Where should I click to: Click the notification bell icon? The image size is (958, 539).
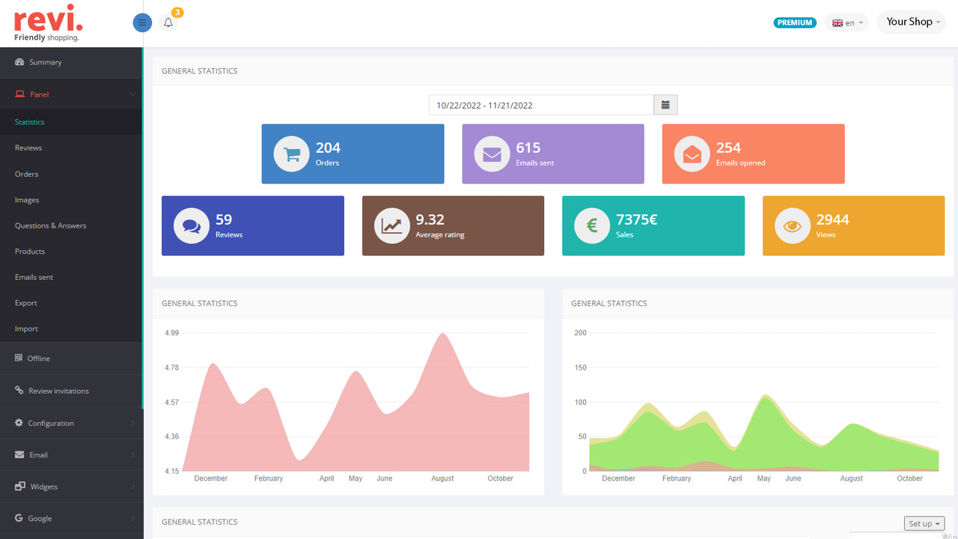point(168,22)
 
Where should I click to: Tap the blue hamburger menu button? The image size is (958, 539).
point(142,22)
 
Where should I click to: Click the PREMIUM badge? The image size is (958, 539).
point(794,22)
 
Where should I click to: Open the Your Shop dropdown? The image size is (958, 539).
point(911,22)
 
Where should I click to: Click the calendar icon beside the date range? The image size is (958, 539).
point(665,105)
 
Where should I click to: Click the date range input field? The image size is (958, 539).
point(541,106)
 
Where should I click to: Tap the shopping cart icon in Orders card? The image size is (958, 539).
point(292,154)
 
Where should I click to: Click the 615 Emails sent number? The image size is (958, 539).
point(528,147)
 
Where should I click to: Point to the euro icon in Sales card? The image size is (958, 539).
point(592,226)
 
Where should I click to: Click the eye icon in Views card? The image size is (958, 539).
point(793,226)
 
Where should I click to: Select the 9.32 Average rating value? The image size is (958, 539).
point(430,219)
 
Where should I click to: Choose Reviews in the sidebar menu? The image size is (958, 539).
point(28,147)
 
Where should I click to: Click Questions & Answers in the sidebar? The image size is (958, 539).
point(50,225)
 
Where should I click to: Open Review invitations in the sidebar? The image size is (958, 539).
point(58,391)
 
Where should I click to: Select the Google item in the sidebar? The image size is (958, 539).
point(40,518)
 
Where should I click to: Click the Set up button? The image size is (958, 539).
point(924,524)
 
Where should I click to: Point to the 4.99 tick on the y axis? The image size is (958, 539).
point(171,332)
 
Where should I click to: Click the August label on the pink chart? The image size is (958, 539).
point(442,478)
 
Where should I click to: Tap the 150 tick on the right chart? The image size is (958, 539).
point(580,368)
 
